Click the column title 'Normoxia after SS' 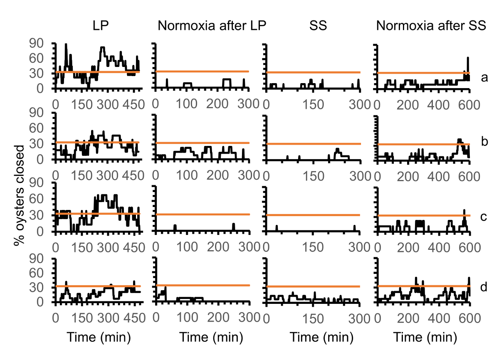pyautogui.click(x=431, y=26)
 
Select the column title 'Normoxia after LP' pyautogui.click(x=212, y=26)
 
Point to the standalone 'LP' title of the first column pyautogui.click(x=101, y=26)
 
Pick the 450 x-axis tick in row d pyautogui.click(x=133, y=318)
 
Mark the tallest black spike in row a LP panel pyautogui.click(x=66, y=44)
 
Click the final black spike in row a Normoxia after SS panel pyautogui.click(x=468, y=58)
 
